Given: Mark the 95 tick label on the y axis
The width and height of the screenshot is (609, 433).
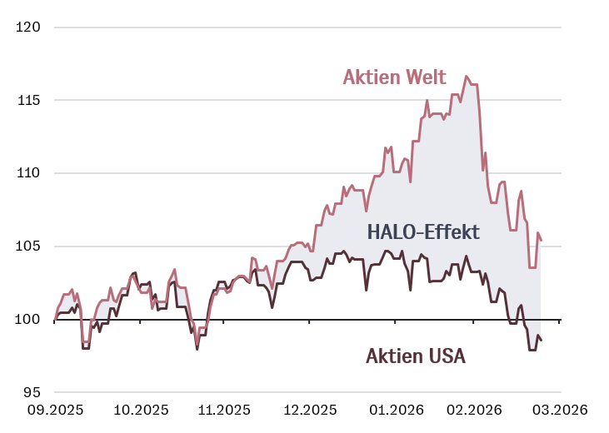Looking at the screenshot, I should point(31,392).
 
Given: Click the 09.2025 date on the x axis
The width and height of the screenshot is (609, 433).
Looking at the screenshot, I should point(54,410).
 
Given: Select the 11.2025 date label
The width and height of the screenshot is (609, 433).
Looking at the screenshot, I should point(222,410).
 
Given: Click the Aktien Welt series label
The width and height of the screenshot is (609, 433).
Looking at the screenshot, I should point(395,77).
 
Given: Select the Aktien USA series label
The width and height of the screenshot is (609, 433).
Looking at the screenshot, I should point(416,356).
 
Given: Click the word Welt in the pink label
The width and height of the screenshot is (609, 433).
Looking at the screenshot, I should point(426,77).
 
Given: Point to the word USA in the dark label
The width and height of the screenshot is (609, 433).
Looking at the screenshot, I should point(447,356).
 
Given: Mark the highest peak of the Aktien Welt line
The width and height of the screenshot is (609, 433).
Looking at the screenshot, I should point(467,76).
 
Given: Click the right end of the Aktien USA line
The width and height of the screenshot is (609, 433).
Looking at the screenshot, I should point(542,340).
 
